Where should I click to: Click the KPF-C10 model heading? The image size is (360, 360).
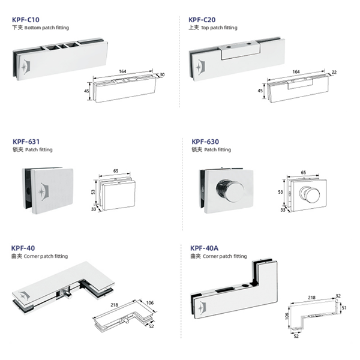(26, 20)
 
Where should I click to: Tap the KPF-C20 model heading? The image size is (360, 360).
(202, 20)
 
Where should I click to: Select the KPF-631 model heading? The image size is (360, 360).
(26, 142)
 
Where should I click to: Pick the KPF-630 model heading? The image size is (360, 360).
(205, 142)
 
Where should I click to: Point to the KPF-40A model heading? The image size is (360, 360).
(205, 248)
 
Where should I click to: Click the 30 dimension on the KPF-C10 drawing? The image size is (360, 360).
(162, 75)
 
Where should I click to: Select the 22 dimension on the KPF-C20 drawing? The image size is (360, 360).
(334, 72)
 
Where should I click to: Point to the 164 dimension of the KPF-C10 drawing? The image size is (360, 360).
(122, 71)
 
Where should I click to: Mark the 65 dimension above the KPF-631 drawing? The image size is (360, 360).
(116, 171)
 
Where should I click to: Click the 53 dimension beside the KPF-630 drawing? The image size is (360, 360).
(280, 192)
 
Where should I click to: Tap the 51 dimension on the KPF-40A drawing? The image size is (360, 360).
(344, 308)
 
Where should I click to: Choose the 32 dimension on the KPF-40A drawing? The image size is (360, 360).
(338, 296)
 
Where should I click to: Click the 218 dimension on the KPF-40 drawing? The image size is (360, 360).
(115, 305)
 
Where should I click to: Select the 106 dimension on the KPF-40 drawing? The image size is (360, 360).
(150, 303)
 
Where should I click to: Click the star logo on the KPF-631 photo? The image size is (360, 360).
(43, 192)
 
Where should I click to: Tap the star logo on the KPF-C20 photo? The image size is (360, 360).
(199, 67)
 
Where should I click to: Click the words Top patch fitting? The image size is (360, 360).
(219, 28)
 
